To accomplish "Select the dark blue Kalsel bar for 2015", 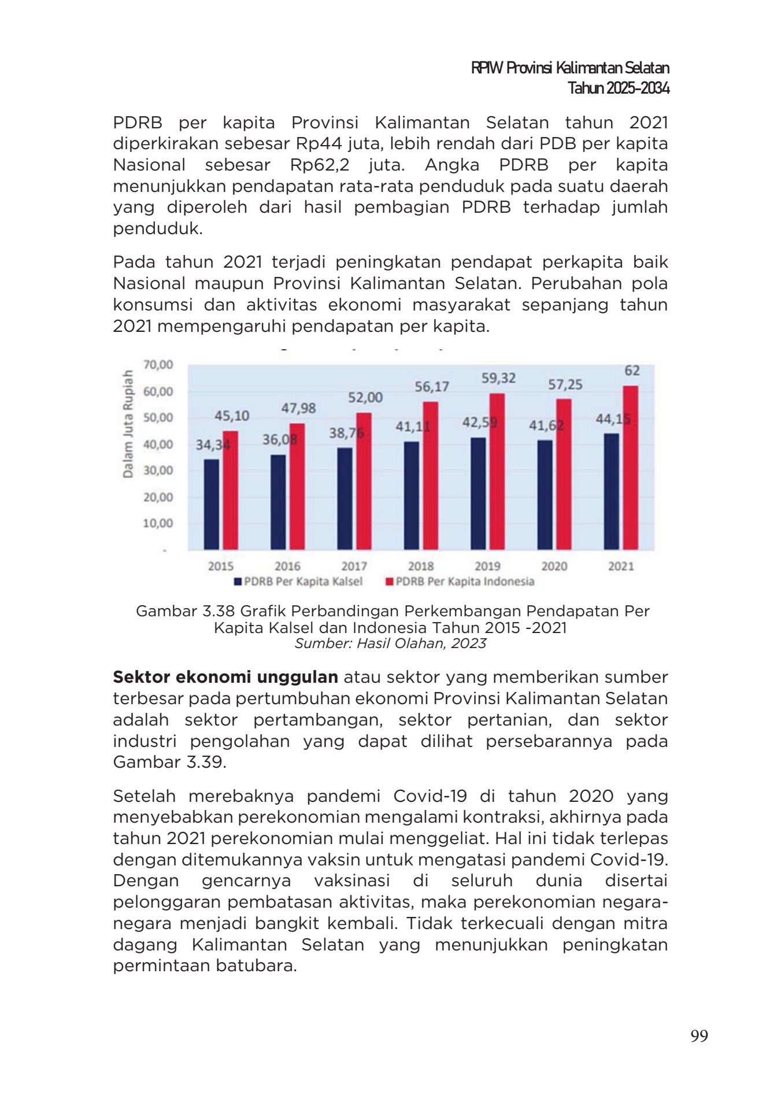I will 212,504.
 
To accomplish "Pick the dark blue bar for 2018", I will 412,495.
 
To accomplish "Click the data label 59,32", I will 498,378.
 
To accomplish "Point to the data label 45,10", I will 232,416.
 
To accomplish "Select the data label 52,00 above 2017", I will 365,397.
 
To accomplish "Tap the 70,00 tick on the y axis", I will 158,365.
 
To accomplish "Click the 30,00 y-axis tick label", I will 158,471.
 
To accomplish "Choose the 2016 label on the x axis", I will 287,566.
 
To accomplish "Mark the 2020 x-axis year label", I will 554,566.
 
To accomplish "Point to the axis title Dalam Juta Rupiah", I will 128,424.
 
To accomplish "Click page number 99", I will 699,1035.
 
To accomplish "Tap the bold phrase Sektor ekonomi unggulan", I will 225,677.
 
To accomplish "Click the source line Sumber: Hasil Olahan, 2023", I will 390,643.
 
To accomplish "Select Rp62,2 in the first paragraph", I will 320,165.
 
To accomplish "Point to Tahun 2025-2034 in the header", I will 618,88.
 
